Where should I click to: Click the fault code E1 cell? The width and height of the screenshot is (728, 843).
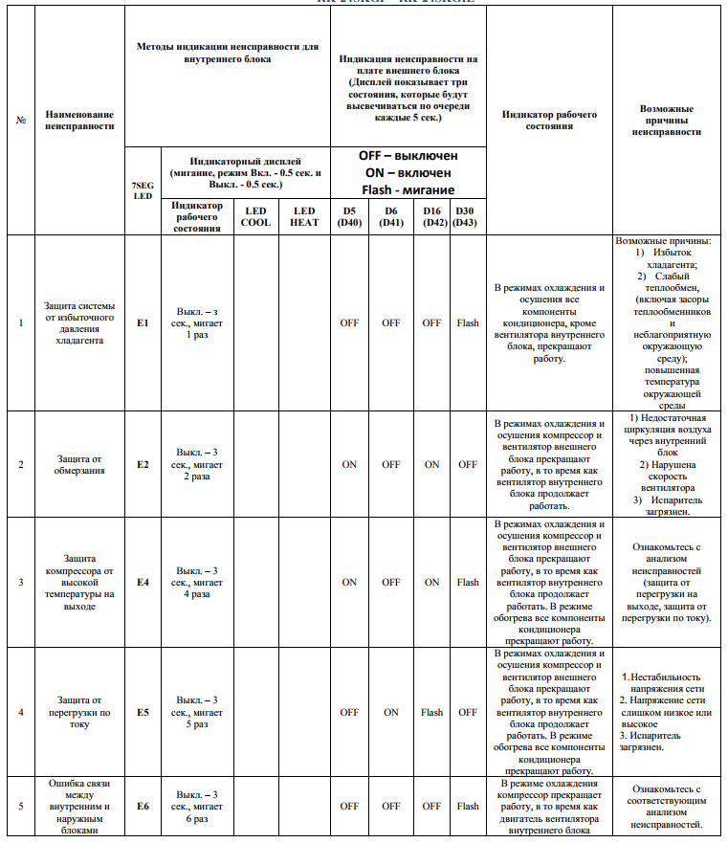[143, 323]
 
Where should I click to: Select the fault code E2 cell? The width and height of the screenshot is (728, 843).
[143, 465]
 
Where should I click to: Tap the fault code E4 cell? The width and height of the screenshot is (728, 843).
[143, 582]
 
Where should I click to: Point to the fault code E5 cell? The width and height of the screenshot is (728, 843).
[143, 712]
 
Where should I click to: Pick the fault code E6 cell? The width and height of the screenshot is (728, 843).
[143, 806]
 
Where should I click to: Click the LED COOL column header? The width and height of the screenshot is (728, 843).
[255, 217]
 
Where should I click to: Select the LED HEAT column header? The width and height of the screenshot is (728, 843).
[304, 217]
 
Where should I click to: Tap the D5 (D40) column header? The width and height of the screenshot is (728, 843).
[349, 217]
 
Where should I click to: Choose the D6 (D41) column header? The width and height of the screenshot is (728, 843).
[390, 217]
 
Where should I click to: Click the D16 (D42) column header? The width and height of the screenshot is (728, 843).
[432, 217]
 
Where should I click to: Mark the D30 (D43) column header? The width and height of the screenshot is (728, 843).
[467, 217]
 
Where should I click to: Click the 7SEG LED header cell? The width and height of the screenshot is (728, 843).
[142, 189]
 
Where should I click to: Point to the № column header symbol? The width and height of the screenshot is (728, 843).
[21, 120]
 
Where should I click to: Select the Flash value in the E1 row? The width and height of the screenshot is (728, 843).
[467, 323]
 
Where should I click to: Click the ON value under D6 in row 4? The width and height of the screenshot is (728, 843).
[390, 712]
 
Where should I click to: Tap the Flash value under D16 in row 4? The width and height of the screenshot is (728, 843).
[432, 712]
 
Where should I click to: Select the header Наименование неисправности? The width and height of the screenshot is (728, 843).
[79, 120]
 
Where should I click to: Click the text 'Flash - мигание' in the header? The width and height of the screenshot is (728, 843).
[408, 189]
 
